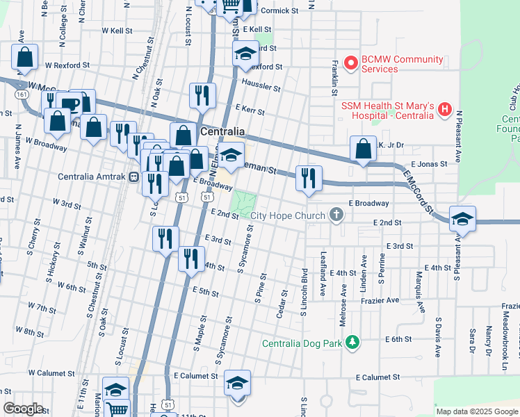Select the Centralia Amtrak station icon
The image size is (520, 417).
click(x=133, y=177)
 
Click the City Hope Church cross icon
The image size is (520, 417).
click(x=336, y=215)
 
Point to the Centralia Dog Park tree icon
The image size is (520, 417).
click(x=353, y=343)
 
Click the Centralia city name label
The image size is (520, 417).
click(x=222, y=131)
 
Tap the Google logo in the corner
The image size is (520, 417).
click(x=23, y=409)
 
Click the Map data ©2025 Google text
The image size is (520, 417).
click(x=476, y=411)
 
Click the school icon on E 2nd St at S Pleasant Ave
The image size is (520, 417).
click(x=462, y=219)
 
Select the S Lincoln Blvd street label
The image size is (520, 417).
click(x=304, y=291)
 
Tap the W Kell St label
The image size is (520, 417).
click(x=117, y=31)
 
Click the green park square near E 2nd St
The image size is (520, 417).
click(x=243, y=202)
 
